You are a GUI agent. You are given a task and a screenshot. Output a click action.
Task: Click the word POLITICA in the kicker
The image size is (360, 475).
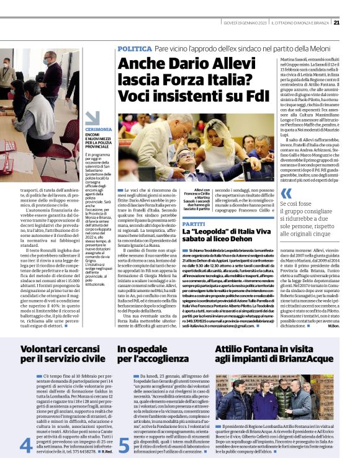coord(134,48)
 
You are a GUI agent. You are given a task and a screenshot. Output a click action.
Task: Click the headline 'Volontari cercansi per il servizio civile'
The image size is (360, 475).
coord(62,353)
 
